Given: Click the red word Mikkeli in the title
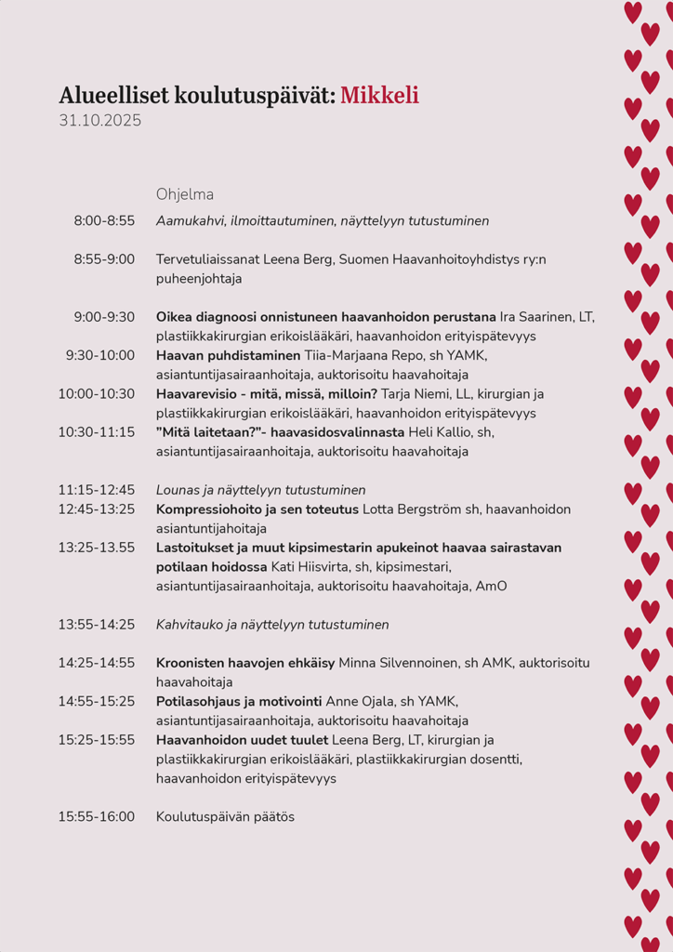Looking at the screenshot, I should click(x=379, y=95).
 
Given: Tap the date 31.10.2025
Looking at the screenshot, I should click(x=99, y=121).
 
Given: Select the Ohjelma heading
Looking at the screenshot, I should click(x=185, y=194).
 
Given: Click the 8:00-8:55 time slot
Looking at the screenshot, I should click(x=104, y=221).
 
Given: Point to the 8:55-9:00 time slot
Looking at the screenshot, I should click(x=104, y=259).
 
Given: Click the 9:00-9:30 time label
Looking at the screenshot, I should click(x=104, y=317).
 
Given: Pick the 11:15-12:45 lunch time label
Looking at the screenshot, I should click(x=97, y=490).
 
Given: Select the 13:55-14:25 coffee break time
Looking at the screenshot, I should click(x=97, y=625).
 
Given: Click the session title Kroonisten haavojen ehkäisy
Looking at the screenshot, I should click(x=245, y=663).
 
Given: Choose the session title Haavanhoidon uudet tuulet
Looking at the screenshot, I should click(x=242, y=740).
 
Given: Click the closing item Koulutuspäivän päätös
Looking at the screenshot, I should click(x=225, y=816).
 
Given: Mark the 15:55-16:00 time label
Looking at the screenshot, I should click(x=97, y=816).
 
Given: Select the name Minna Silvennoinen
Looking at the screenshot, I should click(x=406, y=663).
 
